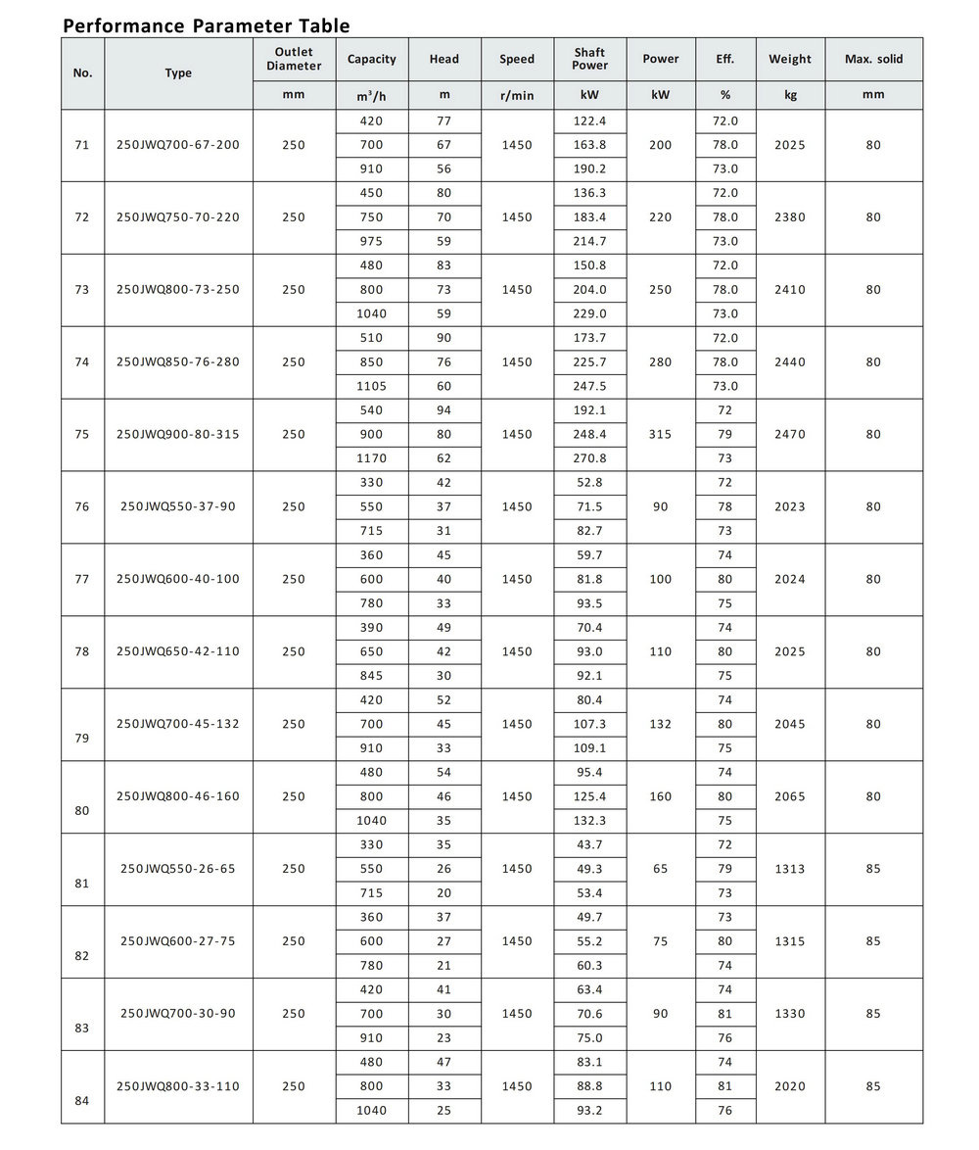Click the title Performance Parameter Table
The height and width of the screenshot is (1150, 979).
tap(206, 25)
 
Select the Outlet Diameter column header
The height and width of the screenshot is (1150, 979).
tap(294, 59)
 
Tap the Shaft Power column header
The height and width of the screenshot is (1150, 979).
tap(589, 59)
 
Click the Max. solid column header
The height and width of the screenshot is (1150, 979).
tap(873, 59)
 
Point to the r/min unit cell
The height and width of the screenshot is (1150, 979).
tap(517, 95)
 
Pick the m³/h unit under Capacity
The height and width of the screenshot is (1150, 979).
tap(372, 95)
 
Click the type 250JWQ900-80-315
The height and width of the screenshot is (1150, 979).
tap(177, 434)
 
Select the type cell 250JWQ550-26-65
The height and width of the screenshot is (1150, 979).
tap(177, 868)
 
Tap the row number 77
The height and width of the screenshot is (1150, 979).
tap(82, 579)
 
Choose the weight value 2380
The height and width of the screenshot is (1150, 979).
tap(789, 217)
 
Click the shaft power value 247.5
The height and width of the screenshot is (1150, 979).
tap(589, 386)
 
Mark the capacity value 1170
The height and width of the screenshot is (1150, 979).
tap(372, 458)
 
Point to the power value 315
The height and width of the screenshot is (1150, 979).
tap(661, 434)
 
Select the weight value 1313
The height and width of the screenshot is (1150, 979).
tap(789, 869)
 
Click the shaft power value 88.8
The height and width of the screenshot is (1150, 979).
tap(589, 1086)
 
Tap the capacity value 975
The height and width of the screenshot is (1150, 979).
tap(372, 241)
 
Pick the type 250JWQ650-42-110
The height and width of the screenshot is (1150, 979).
tap(177, 651)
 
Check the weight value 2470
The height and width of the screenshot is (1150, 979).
tap(789, 434)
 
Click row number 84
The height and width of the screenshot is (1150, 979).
tap(82, 1100)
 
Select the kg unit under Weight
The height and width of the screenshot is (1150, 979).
tap(789, 95)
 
